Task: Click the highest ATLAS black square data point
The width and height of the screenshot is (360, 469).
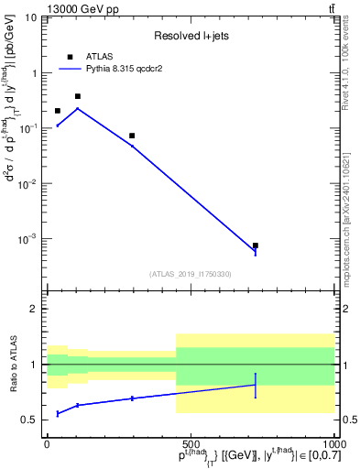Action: (x=78, y=96)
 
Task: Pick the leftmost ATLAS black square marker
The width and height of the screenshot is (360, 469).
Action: (x=58, y=111)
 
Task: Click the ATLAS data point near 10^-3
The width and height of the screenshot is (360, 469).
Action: (x=256, y=245)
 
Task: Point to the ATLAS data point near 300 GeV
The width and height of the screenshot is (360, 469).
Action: (x=132, y=136)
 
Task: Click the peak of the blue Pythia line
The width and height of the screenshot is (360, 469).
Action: (x=78, y=108)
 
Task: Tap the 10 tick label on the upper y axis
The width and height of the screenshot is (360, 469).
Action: (x=30, y=17)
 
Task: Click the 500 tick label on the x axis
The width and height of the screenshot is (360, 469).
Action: (x=190, y=442)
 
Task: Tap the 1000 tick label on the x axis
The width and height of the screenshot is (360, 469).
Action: (x=333, y=442)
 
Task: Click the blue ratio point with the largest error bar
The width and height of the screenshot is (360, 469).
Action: (x=256, y=385)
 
